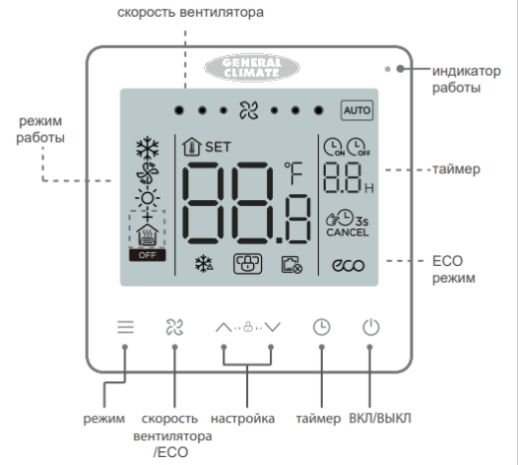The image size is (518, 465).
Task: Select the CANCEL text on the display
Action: tap(347, 233)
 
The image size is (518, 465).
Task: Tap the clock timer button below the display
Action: tap(321, 326)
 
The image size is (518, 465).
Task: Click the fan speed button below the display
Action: tap(173, 326)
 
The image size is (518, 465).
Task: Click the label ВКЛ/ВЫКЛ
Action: tap(379, 419)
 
